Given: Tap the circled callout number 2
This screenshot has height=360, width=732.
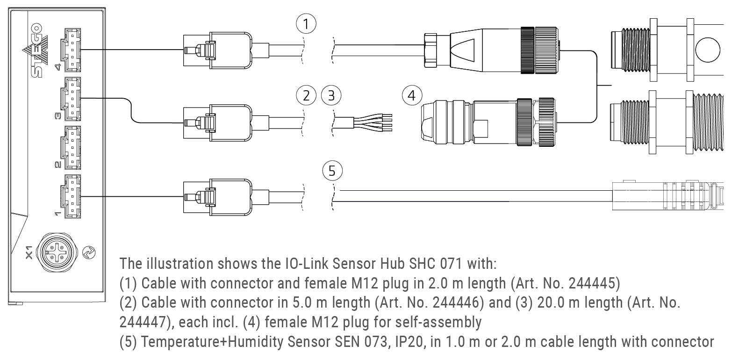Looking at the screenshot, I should (306, 96).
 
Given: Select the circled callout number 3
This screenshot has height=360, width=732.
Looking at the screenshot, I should (331, 96).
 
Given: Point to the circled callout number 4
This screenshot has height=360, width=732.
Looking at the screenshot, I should (411, 96).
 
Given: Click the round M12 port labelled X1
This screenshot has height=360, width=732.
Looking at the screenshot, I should (56, 253).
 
